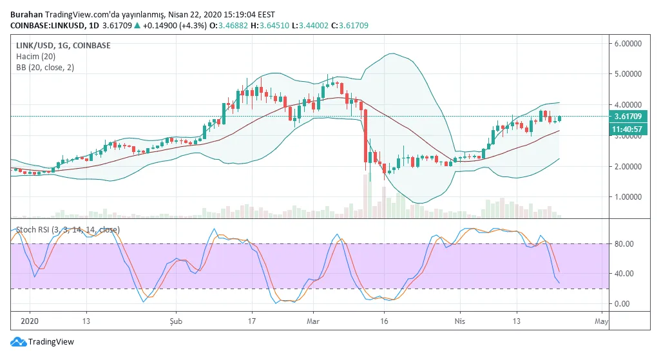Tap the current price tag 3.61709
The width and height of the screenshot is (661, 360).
point(627,117)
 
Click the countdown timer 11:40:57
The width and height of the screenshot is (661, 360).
point(627,129)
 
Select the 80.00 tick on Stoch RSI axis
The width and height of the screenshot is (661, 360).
point(624,244)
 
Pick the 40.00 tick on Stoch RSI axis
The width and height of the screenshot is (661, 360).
point(624,274)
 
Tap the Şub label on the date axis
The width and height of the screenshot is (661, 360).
point(177,320)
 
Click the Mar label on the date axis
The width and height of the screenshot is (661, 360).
point(313,320)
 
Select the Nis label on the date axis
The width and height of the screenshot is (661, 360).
point(459,320)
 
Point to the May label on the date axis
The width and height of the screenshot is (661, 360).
point(601,320)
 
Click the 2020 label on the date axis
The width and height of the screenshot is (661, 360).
point(30,320)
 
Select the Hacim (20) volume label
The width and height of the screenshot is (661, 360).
point(35,57)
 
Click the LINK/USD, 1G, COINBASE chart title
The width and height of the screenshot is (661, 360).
point(63,46)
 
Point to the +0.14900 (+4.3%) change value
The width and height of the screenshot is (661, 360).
point(146,26)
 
